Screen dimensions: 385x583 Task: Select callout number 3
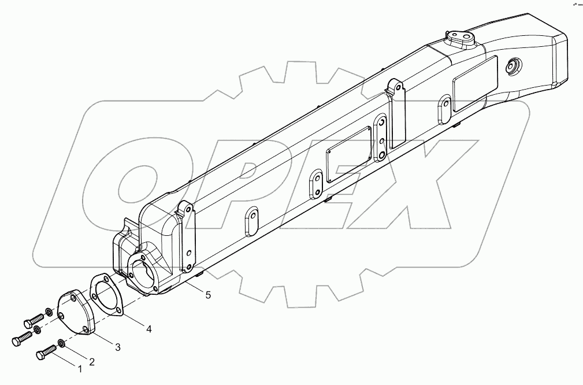tap(117, 347)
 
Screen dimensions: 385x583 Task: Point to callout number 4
tap(148, 329)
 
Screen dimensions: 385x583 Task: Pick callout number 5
tap(207, 294)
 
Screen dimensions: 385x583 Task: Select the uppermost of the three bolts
tap(35, 318)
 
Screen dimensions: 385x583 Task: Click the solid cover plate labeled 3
tap(77, 314)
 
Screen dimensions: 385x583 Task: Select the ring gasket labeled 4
tap(106, 295)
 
